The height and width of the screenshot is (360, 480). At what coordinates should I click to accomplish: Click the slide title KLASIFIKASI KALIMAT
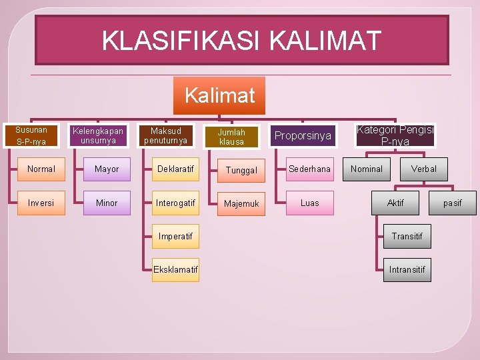point(241,40)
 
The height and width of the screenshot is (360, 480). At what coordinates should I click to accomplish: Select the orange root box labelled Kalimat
point(219,95)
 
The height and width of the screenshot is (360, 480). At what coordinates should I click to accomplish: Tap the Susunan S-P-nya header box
point(31,135)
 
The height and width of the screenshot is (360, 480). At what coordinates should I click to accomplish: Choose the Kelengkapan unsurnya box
point(98,135)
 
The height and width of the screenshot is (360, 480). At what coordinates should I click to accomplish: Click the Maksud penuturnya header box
point(165,135)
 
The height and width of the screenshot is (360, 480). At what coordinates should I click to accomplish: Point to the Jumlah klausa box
point(231,137)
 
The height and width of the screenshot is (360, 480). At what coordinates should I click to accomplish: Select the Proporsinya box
point(303,136)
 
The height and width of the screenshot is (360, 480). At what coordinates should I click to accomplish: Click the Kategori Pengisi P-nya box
point(395,135)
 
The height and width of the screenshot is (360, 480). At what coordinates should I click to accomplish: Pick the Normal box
point(41,169)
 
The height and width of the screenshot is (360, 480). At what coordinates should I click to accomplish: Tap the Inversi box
point(41,203)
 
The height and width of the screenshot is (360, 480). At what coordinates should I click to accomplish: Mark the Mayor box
point(107,169)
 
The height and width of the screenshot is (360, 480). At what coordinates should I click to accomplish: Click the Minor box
point(107,203)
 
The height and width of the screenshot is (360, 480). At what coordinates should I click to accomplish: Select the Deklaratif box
point(175,169)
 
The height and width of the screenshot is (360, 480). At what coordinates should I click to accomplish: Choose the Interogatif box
point(175,203)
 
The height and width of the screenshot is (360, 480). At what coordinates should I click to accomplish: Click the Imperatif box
point(175,236)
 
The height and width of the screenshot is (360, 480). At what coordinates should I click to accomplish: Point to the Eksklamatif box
point(175,269)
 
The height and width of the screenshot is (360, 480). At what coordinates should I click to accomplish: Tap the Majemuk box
point(241,203)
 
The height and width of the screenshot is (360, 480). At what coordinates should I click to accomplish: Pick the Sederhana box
point(310,169)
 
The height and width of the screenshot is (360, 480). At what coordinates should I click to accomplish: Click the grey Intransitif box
point(407,270)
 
